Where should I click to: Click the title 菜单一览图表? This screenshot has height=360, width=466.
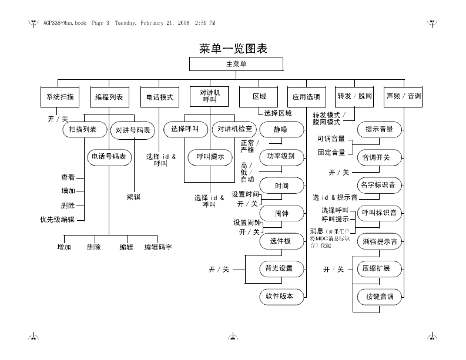(233, 48)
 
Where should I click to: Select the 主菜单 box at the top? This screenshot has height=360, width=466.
(236, 65)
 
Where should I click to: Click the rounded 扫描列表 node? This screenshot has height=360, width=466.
(83, 129)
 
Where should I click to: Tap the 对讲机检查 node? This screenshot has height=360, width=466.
(235, 129)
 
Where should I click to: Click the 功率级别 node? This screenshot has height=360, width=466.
(281, 157)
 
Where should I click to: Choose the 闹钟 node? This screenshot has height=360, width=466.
(281, 213)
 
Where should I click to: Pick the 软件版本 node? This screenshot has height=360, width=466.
(281, 297)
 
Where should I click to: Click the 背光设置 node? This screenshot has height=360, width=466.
(281, 269)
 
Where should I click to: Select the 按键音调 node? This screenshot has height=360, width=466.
(380, 297)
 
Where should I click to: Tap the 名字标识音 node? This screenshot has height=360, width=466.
(380, 185)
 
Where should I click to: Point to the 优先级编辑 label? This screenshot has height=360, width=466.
(57, 220)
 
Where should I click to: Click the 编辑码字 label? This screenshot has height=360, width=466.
(159, 247)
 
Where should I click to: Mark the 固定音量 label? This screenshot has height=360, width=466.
(331, 152)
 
